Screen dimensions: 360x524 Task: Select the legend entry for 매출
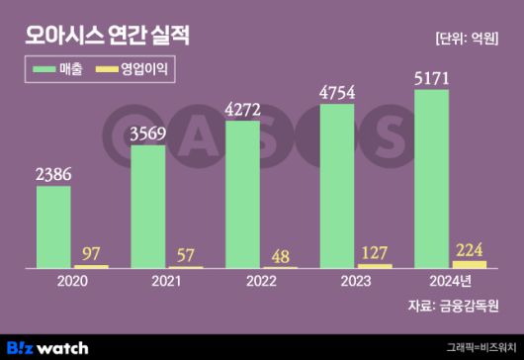[58, 70]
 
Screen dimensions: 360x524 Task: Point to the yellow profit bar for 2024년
[469, 264]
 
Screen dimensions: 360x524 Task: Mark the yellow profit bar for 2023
[375, 266]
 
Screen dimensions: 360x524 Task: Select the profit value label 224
[469, 248]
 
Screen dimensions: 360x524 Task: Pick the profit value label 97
[91, 252]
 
